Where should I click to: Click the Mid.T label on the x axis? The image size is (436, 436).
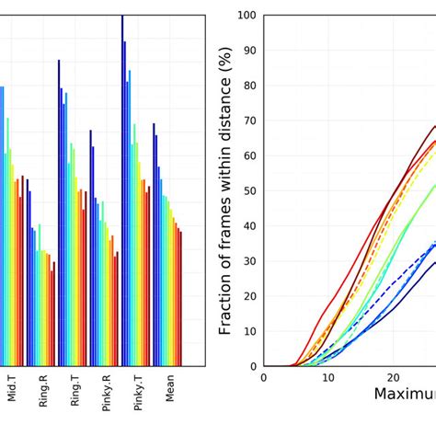point(12,390)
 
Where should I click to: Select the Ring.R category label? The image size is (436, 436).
point(43,391)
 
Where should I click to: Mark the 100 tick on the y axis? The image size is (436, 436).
point(247,16)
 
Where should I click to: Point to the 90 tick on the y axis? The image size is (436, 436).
point(249,51)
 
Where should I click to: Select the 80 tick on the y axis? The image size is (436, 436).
point(249,86)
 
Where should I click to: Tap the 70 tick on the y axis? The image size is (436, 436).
point(249,120)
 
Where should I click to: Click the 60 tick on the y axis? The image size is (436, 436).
point(249,155)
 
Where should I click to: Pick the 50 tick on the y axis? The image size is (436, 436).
point(249,190)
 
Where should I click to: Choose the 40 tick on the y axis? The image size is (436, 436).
point(249,225)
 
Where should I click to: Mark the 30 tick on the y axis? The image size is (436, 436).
point(249,261)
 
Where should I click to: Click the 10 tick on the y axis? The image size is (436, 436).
point(249,331)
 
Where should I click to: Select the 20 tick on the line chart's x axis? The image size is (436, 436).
point(393,377)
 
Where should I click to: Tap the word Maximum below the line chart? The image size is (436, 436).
point(405,396)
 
